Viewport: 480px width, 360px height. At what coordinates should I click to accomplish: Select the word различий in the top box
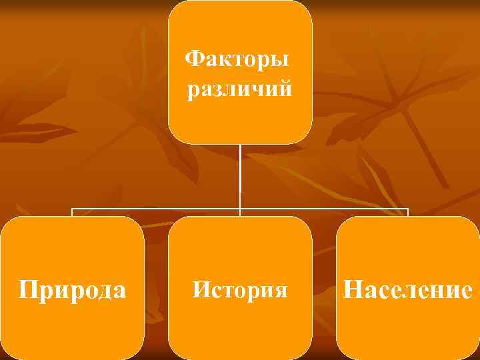tap(239, 89)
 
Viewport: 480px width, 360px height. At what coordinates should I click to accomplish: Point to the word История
tap(240, 290)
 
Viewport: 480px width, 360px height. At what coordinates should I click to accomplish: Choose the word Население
tap(408, 290)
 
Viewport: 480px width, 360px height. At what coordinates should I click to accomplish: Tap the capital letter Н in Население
tap(353, 290)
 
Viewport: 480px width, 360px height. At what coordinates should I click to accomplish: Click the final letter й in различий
tap(285, 89)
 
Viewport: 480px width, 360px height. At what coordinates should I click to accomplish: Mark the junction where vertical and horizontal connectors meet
tap(240, 209)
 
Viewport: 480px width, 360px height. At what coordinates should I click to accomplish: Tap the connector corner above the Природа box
tap(72, 209)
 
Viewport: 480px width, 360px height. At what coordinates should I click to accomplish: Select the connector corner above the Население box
tap(407, 209)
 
